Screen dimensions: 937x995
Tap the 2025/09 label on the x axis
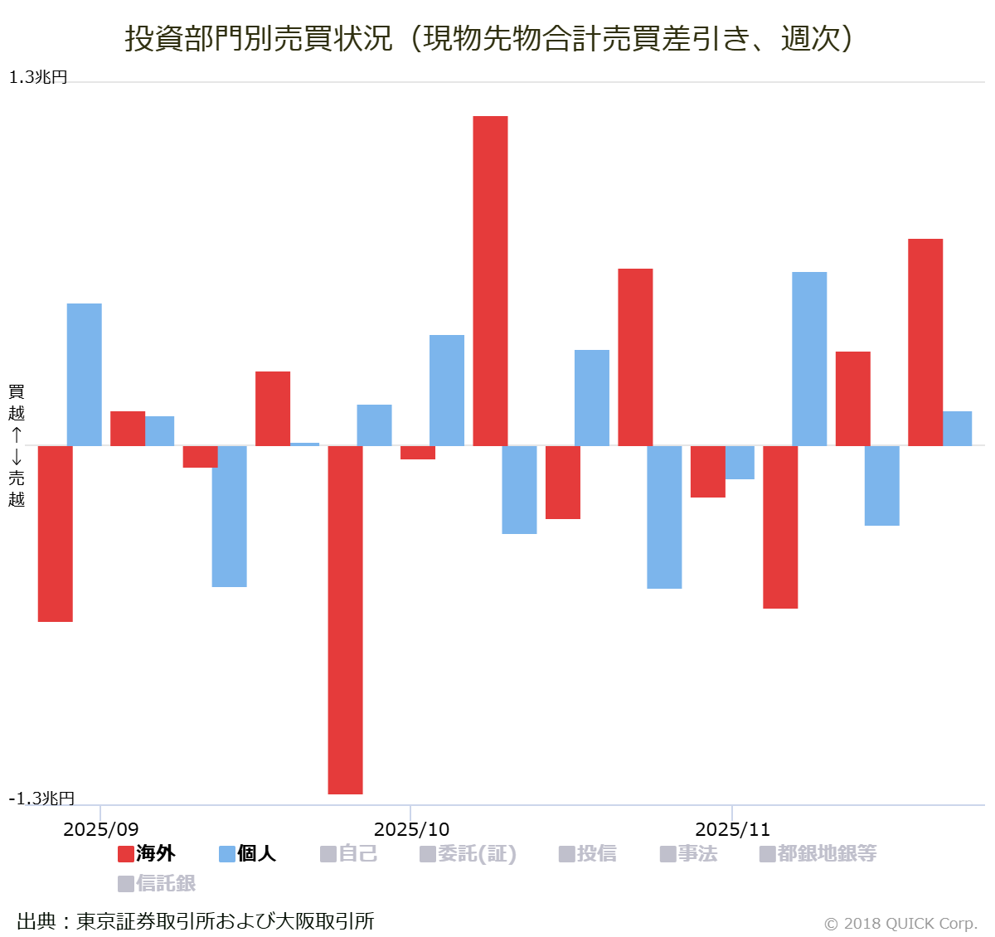point(101,829)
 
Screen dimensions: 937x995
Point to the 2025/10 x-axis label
point(411,829)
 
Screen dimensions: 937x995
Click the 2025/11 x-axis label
point(732,829)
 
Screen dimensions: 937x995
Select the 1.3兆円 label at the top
point(38,77)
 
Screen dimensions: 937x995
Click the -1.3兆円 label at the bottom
point(41,799)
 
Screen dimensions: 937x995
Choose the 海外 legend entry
point(147,853)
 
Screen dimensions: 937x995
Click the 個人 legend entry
point(247,853)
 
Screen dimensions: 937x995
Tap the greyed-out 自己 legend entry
point(349,853)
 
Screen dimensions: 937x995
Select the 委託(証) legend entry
point(468,853)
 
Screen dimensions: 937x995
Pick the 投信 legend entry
point(588,853)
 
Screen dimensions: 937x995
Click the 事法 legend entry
point(688,853)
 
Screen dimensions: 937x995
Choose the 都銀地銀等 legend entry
point(818,853)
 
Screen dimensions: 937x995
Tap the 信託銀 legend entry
point(157,883)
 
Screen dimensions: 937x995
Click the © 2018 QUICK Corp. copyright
point(900,924)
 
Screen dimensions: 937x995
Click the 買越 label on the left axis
point(17,402)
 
